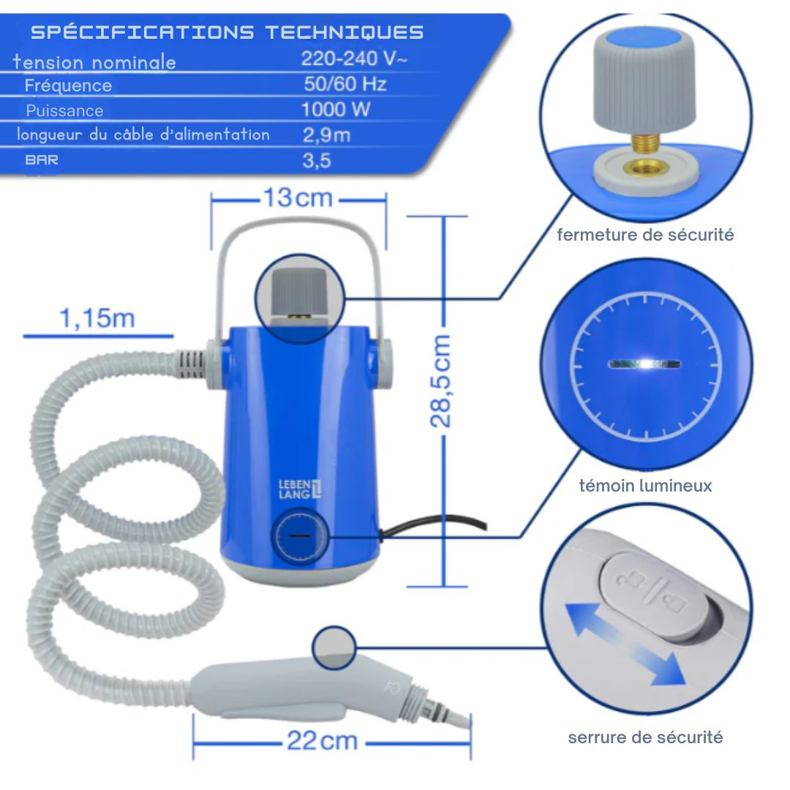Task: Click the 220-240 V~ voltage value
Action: coord(354,59)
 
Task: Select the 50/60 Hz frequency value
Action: coord(345,84)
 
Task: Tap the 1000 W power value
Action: coord(336,110)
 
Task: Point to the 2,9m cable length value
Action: coord(326,135)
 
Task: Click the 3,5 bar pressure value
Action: coord(317,160)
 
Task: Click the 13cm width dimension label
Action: coord(298,197)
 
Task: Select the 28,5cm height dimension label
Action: coord(441,380)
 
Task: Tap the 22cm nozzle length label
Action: coord(322,741)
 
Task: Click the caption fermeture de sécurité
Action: coord(645,235)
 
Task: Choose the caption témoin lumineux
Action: coord(645,486)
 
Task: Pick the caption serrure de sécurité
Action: coord(645,737)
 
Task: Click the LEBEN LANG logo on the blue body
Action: coord(300,489)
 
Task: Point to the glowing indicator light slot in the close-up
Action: coord(644,362)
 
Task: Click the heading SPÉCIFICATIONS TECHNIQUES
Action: coord(227,32)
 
